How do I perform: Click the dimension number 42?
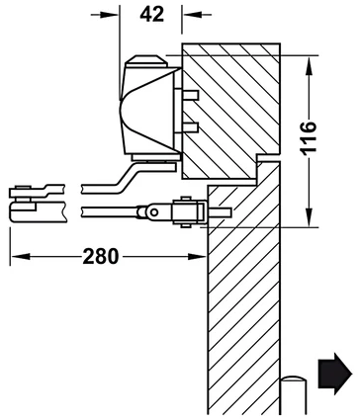pyautogui.click(x=151, y=15)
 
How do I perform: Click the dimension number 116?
pyautogui.click(x=309, y=137)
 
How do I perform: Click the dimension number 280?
pyautogui.click(x=100, y=256)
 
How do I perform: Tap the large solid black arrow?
pyautogui.click(x=335, y=374)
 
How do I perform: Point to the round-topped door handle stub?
pyautogui.click(x=294, y=394)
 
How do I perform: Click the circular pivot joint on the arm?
pyautogui.click(x=153, y=212)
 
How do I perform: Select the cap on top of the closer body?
pyautogui.click(x=146, y=61)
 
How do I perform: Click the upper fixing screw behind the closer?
pyautogui.click(x=190, y=95)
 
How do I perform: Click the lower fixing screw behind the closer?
pyautogui.click(x=190, y=126)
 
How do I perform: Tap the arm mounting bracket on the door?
pyautogui.click(x=188, y=212)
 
